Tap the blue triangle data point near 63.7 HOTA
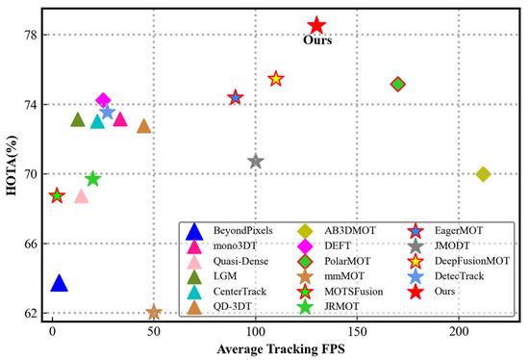(59, 283)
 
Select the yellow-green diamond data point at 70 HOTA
(483, 174)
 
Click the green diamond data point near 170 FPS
(397, 85)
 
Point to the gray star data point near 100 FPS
(255, 162)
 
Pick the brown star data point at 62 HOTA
(154, 313)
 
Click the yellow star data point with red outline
(276, 79)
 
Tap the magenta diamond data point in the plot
(104, 100)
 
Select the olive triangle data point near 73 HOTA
(78, 120)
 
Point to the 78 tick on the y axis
(31, 35)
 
